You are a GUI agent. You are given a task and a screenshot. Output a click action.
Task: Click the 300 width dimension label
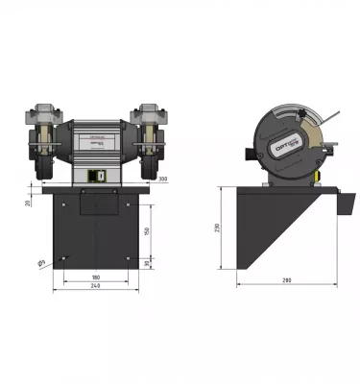(x=162, y=180)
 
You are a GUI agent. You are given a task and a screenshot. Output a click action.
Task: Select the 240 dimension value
(x=95, y=286)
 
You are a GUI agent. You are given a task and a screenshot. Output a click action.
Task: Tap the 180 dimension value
(x=95, y=276)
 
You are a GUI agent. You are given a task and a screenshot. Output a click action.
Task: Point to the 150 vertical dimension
(x=146, y=231)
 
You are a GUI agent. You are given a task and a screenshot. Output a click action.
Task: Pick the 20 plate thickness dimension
(x=28, y=202)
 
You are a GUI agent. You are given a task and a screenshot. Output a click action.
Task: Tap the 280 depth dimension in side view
(x=287, y=279)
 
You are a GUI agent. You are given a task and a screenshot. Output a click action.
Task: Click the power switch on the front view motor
(x=97, y=177)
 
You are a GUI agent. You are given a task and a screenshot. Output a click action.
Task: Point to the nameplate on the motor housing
(x=95, y=140)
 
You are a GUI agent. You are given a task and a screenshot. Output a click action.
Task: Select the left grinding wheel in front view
(x=43, y=154)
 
